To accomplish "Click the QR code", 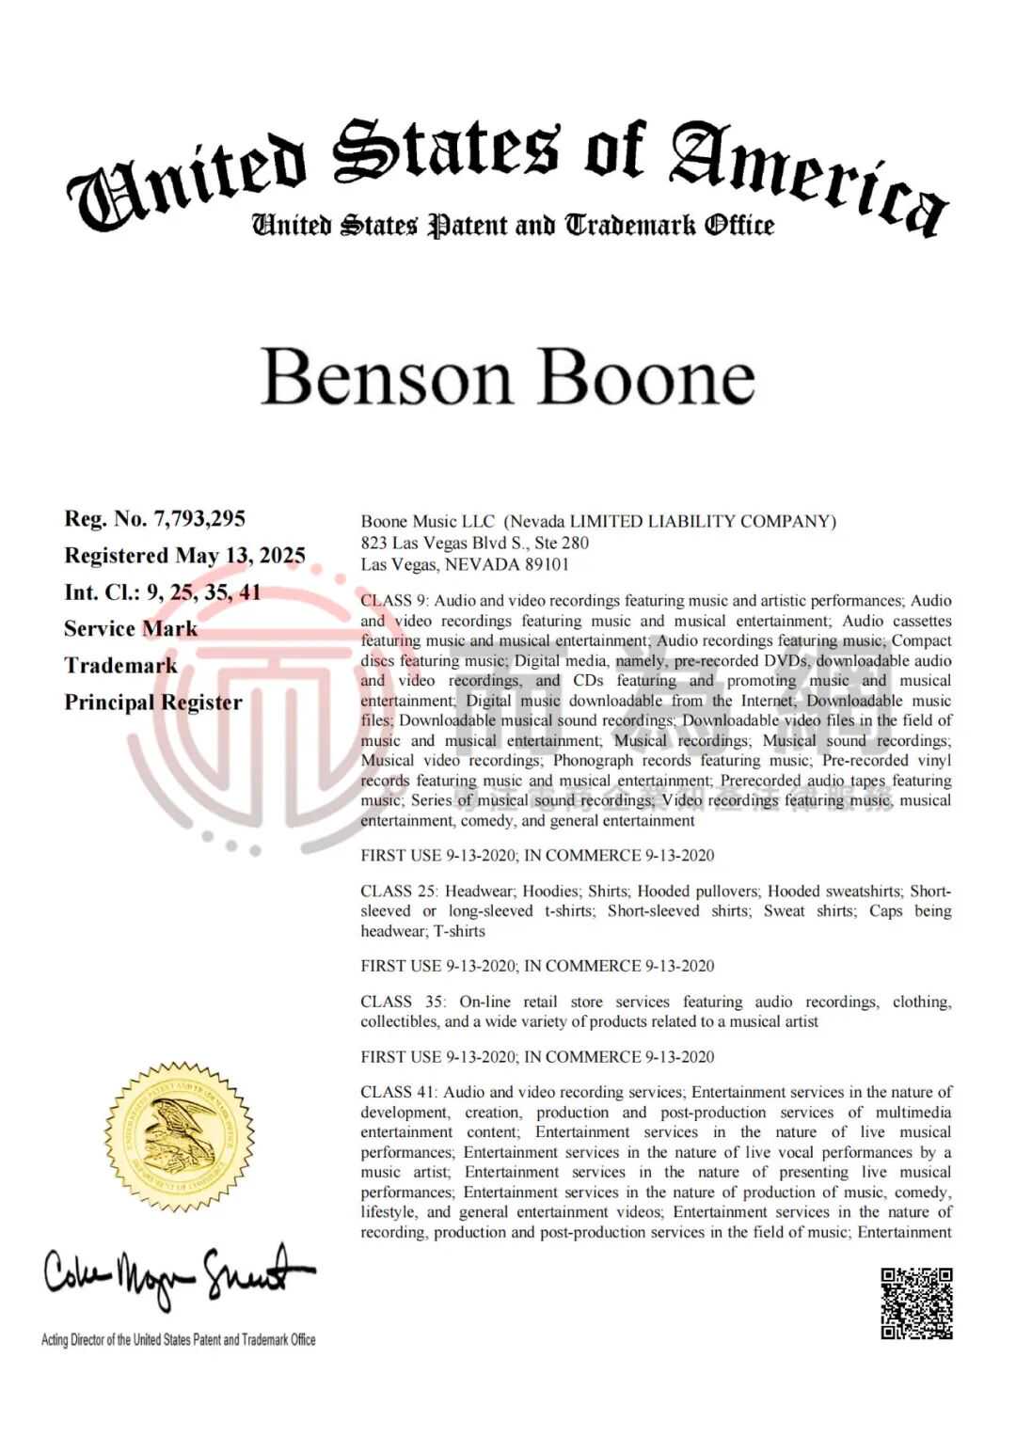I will [916, 1303].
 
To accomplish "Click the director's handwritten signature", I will [177, 1278].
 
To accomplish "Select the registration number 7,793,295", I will [200, 518].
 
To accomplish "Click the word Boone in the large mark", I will [648, 376].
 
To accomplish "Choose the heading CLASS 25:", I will [399, 891].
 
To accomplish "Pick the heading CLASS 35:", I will [399, 1002].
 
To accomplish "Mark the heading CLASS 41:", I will [399, 1092].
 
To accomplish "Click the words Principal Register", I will [153, 703].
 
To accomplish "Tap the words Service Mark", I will [131, 629].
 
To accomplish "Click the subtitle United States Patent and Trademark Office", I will [513, 226].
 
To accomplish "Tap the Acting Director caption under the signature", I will [179, 1339].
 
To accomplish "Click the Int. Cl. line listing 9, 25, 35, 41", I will [162, 592].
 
